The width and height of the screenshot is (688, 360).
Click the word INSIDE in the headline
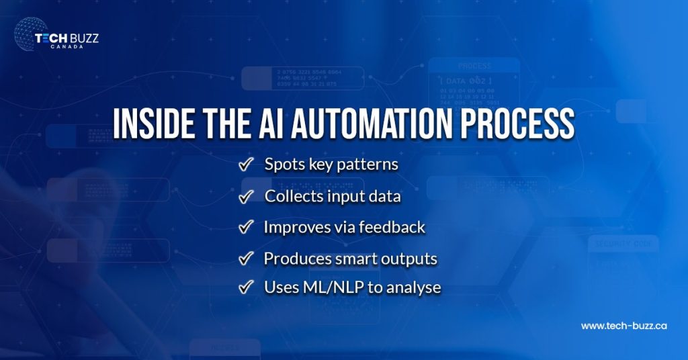tap(149, 124)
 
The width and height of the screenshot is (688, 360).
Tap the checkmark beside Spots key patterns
tap(246, 165)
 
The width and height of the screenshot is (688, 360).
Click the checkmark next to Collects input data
tap(246, 196)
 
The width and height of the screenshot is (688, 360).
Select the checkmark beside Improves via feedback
tap(246, 227)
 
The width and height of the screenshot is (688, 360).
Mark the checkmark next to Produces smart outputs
tap(246, 258)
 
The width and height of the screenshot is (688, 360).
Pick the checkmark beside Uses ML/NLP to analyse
tap(246, 287)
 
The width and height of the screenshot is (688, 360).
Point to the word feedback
tap(392, 227)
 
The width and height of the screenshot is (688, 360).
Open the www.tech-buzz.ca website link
tap(623, 326)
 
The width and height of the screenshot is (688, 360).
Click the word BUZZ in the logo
tap(83, 38)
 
